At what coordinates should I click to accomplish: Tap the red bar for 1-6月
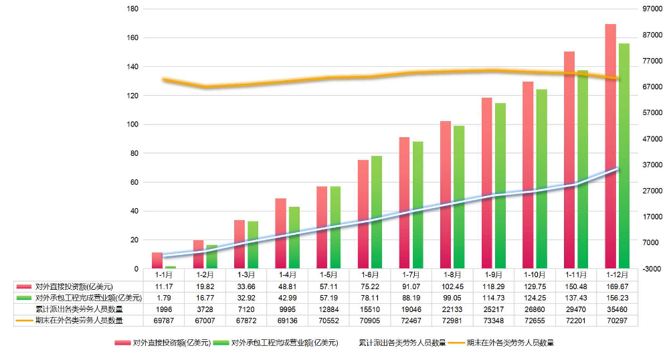tap(363, 214)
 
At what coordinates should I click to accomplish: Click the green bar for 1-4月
tap(294, 238)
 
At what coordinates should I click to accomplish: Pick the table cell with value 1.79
tap(164, 298)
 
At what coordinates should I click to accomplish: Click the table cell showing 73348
tap(494, 321)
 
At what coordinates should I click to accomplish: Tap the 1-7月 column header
tap(411, 274)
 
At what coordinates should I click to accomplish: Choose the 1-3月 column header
tap(246, 274)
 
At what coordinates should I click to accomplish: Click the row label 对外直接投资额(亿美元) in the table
tap(74, 286)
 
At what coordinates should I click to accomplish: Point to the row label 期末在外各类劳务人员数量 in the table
tap(78, 321)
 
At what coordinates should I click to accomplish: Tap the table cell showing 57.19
tap(329, 298)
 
